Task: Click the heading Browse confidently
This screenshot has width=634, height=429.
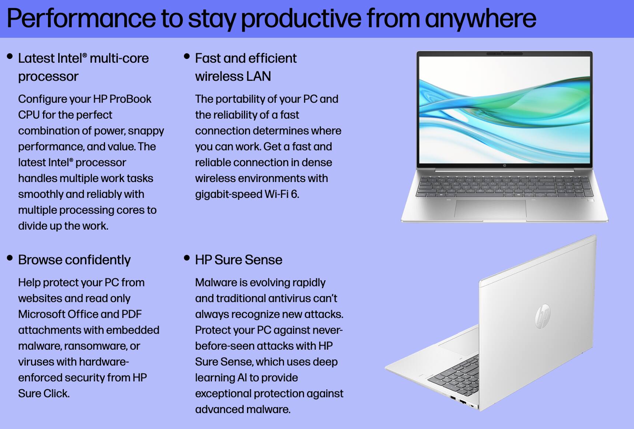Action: click(74, 260)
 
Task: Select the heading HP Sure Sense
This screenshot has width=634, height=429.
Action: click(238, 260)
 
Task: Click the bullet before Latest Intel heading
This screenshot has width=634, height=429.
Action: click(10, 56)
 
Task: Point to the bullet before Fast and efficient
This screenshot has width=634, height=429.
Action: click(187, 56)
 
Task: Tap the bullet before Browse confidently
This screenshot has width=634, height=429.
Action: click(10, 258)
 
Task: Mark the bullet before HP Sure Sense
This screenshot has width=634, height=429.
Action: click(187, 258)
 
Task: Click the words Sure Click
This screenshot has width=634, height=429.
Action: click(43, 394)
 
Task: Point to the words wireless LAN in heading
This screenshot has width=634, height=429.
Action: click(233, 76)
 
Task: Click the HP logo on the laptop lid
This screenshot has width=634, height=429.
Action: click(543, 316)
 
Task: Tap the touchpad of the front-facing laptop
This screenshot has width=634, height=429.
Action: click(490, 209)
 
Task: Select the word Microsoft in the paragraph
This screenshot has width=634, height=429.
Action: click(41, 314)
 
